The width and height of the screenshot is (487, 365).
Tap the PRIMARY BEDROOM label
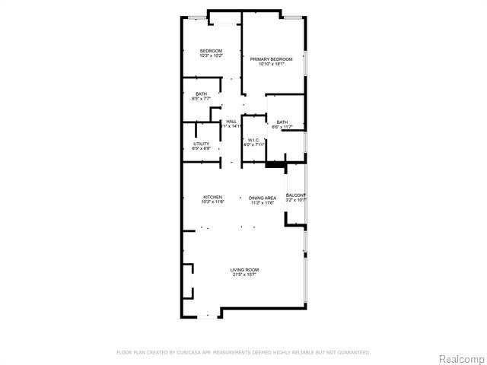coord(271,59)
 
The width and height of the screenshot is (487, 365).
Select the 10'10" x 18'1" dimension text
coord(271,64)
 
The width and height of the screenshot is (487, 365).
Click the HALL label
coord(231,122)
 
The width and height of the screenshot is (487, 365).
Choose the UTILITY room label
coord(201,144)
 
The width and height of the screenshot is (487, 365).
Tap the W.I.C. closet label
coord(254,140)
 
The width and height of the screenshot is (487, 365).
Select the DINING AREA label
coord(263,198)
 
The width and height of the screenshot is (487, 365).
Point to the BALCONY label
coord(295,196)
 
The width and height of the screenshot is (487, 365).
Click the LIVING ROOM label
coord(245,270)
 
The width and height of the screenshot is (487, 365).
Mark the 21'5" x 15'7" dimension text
coord(245,275)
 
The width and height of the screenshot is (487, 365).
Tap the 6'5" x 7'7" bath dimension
coord(201,100)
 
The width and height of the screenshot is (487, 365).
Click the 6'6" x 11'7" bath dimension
coord(282,127)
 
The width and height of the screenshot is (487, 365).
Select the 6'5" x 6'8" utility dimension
coord(201,149)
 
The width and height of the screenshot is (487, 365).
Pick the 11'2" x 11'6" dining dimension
coord(263,203)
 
